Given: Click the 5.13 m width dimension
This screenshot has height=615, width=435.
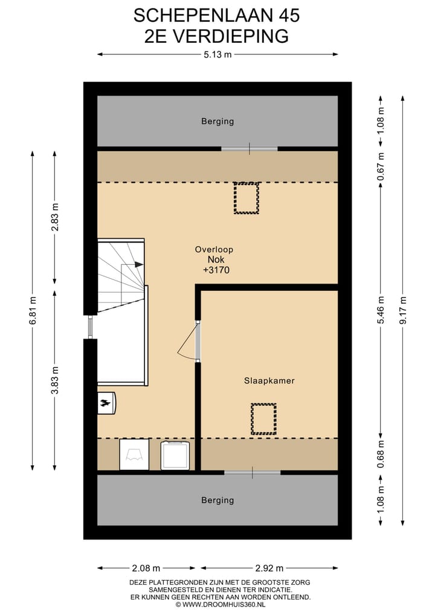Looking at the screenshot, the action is pyautogui.click(x=217, y=54).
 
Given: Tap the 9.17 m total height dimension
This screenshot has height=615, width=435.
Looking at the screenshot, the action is pyautogui.click(x=403, y=310).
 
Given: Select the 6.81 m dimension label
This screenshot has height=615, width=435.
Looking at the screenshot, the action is pyautogui.click(x=33, y=310).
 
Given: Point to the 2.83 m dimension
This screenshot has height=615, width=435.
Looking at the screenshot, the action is pyautogui.click(x=54, y=216).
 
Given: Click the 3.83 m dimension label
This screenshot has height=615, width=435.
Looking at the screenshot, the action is pyautogui.click(x=54, y=380).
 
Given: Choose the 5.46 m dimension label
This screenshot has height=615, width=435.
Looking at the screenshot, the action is pyautogui.click(x=381, y=310).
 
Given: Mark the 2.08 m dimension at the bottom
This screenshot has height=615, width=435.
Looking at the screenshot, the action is pyautogui.click(x=146, y=568).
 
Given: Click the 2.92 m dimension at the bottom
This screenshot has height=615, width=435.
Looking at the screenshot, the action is pyautogui.click(x=269, y=568).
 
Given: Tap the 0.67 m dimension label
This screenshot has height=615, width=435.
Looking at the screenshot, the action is pyautogui.click(x=381, y=167).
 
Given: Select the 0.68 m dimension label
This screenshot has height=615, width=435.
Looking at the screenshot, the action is pyautogui.click(x=381, y=454).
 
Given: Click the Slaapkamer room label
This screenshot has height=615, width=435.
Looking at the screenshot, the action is pyautogui.click(x=269, y=380).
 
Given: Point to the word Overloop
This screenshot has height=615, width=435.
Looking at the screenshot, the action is pyautogui.click(x=214, y=250).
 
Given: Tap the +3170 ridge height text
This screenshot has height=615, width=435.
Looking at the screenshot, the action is pyautogui.click(x=216, y=270).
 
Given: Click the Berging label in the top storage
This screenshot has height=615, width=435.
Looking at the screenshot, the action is pyautogui.click(x=217, y=122).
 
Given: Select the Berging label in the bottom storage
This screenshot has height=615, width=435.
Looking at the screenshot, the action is pyautogui.click(x=217, y=501).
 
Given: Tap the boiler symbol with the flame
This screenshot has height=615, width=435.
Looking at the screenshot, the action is pyautogui.click(x=106, y=403).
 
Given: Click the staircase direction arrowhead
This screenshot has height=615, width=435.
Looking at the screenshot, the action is pyautogui.click(x=139, y=264).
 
